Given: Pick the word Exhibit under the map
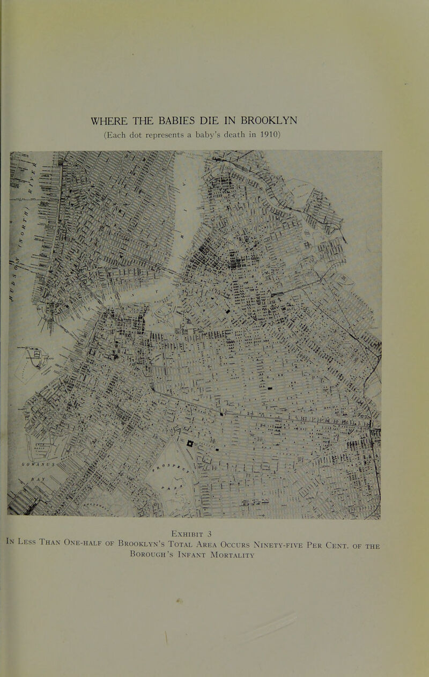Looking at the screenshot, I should tap(209, 532).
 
